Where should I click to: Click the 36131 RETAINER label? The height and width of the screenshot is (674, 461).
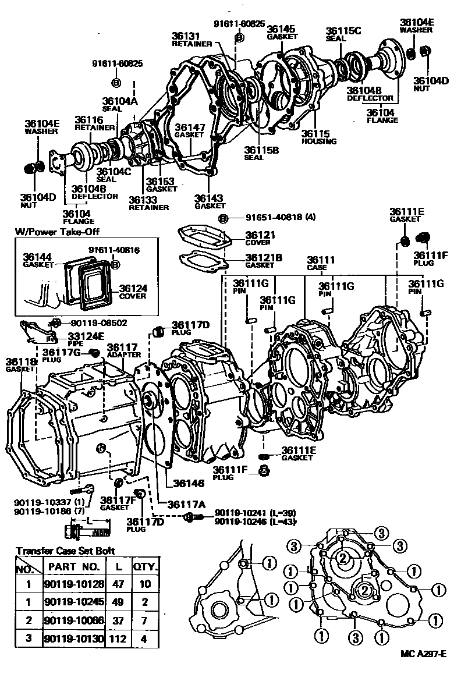pos(187,38)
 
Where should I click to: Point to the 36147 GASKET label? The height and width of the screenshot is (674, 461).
pos(189,130)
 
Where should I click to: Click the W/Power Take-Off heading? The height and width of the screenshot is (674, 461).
pos(57,232)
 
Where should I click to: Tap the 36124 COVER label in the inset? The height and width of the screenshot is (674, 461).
pos(133,292)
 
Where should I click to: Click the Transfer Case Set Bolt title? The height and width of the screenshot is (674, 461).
pos(65,551)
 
